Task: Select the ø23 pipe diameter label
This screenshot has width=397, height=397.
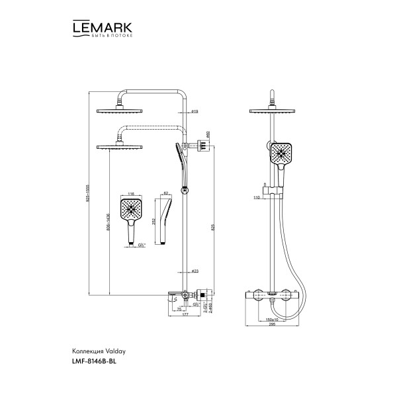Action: pyautogui.click(x=194, y=271)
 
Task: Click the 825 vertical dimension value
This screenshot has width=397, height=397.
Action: pyautogui.click(x=213, y=226)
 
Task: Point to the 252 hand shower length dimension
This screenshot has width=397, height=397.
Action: pyautogui.click(x=154, y=221)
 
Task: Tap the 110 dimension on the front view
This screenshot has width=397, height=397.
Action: pyautogui.click(x=257, y=197)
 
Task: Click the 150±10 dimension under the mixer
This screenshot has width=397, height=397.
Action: pyautogui.click(x=271, y=318)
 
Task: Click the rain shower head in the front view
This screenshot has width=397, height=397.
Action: pyautogui.click(x=271, y=109)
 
